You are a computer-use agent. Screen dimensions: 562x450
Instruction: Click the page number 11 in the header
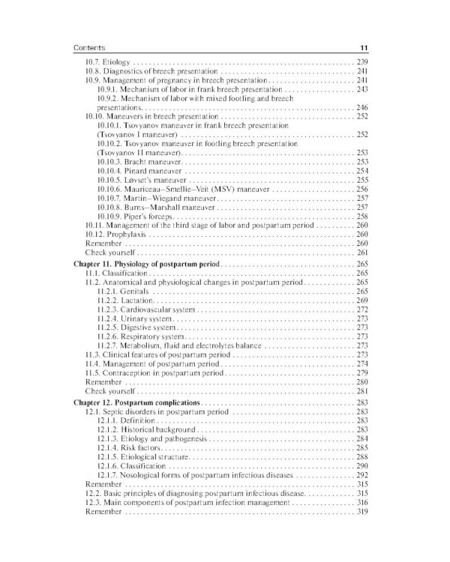tap(361, 47)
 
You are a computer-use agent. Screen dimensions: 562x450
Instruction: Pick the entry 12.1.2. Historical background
tap(146, 429)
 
